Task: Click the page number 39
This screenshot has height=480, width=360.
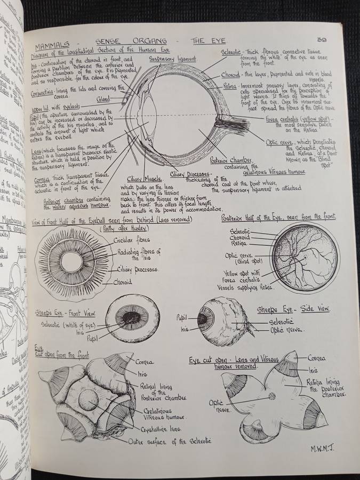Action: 321,39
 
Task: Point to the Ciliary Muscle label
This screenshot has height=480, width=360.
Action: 141,179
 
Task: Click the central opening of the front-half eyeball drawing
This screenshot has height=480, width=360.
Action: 71,262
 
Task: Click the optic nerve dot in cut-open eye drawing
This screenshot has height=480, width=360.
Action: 272,396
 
